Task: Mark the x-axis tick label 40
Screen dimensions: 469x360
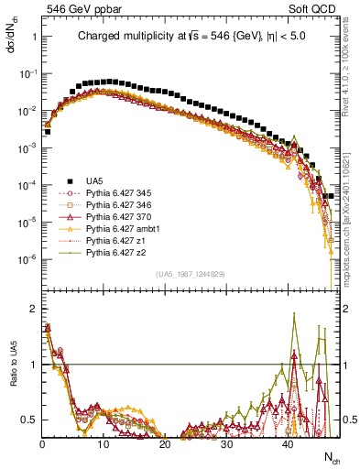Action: point(288,444)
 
